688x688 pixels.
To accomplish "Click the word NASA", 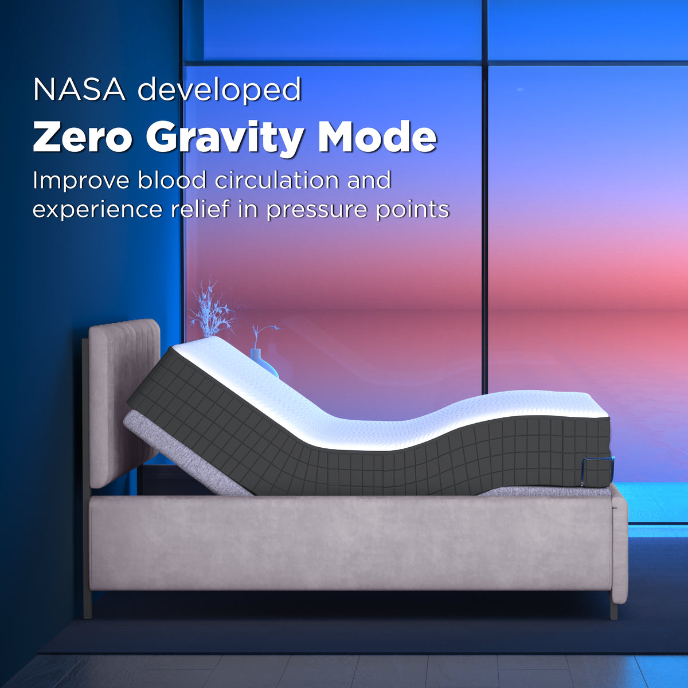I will click(x=79, y=89).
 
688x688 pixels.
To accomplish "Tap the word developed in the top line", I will click(x=220, y=91).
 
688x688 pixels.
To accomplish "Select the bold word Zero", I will click(x=83, y=138).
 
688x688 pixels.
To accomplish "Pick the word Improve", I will click(x=81, y=181).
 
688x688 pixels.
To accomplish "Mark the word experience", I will click(x=97, y=210).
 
